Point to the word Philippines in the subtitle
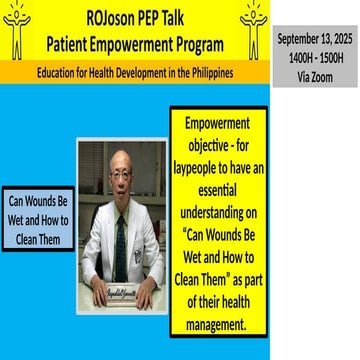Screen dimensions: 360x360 [231, 73]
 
